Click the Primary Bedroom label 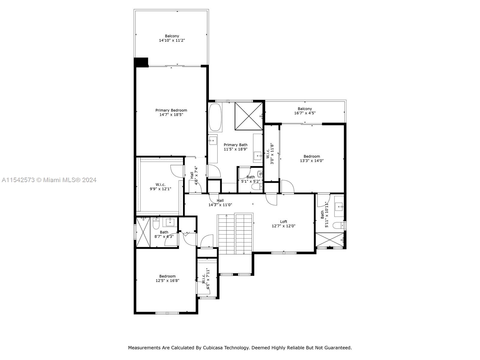[171, 110]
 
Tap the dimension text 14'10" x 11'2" [172, 40]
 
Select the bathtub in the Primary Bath [215, 117]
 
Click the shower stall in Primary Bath [249, 116]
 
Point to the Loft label [283, 222]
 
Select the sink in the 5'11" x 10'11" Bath [339, 206]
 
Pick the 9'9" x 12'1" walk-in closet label [160, 187]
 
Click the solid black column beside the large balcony [141, 62]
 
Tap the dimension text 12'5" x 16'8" [167, 280]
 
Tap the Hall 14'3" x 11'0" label [220, 203]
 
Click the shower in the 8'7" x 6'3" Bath [143, 232]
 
